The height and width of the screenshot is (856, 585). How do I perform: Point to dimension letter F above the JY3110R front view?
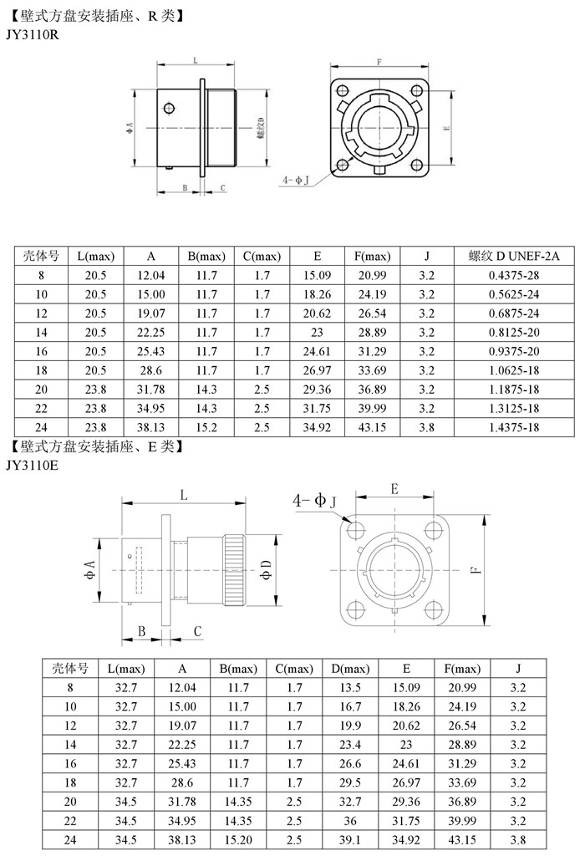click(x=379, y=63)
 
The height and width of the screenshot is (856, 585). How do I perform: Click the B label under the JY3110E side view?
click(x=142, y=630)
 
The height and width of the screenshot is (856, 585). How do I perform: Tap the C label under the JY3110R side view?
click(x=223, y=188)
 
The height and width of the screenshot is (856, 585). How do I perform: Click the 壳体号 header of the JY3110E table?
click(x=70, y=669)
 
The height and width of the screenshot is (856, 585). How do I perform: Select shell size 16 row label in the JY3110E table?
click(x=70, y=763)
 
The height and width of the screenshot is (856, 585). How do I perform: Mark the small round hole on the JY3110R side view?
click(x=170, y=108)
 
